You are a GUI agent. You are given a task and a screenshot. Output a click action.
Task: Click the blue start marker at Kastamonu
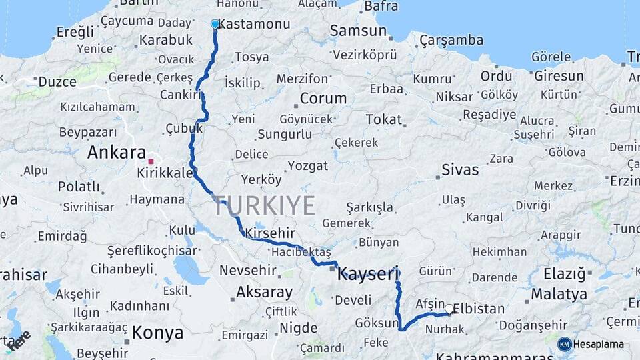[x=215, y=24]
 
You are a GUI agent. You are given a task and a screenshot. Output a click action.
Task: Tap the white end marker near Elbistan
[x=449, y=309]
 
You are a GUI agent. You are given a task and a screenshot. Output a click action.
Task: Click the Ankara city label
[x=117, y=152]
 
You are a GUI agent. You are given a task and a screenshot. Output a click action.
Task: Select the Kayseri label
[x=368, y=273]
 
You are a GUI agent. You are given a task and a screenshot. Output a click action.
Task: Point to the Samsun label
[x=358, y=31]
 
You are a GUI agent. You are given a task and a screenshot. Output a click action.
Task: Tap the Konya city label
[x=158, y=332]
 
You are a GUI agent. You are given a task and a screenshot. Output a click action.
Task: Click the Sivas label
[x=460, y=169]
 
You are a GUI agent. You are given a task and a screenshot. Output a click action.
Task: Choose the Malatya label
[x=559, y=294]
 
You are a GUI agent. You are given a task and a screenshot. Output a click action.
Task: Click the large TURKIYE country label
[x=264, y=206]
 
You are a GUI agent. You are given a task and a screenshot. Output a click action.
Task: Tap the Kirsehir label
[x=270, y=233]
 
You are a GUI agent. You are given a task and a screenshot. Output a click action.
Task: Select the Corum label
[x=323, y=98]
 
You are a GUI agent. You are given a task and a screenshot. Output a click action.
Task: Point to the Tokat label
[x=383, y=119]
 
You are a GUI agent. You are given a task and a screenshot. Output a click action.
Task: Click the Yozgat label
[x=308, y=165]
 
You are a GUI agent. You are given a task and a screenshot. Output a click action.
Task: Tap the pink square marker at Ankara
[x=151, y=161]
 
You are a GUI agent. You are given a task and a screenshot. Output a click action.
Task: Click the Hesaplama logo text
[x=600, y=344]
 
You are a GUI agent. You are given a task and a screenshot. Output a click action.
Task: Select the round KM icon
[x=565, y=344]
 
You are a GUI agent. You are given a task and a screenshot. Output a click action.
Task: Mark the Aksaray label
[x=264, y=292]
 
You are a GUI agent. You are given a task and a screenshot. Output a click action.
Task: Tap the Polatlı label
[x=79, y=186]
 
